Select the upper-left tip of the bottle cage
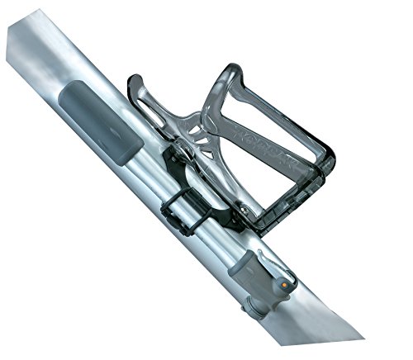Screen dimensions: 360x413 tap(133, 81)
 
